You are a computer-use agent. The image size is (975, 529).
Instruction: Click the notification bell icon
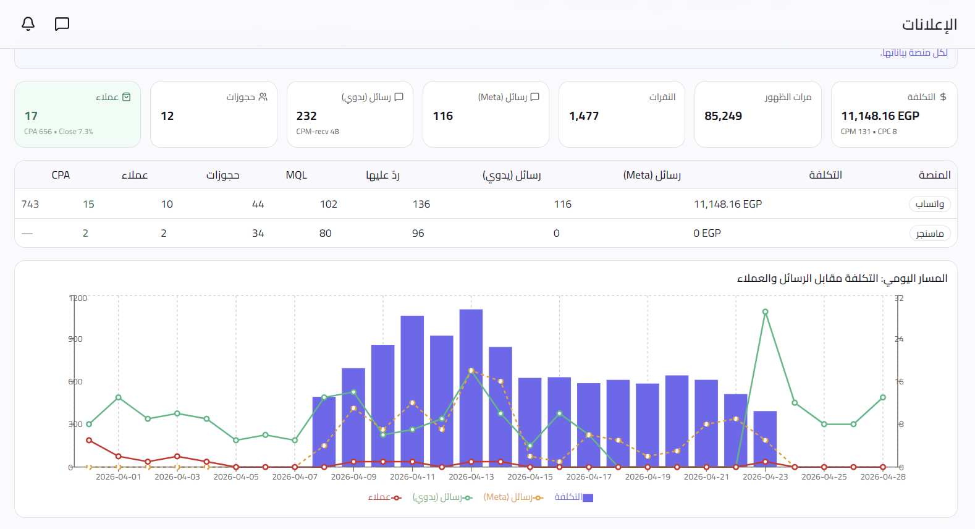(x=28, y=24)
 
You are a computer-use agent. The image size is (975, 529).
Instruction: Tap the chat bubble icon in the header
(x=62, y=24)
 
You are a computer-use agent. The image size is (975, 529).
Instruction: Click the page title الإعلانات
(x=929, y=24)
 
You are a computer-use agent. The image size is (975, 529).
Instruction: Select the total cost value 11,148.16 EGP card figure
(x=880, y=116)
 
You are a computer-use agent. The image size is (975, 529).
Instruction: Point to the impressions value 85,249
(x=723, y=116)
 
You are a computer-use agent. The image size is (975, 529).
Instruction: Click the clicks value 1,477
(x=584, y=116)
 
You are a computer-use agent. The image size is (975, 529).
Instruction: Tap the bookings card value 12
(x=167, y=116)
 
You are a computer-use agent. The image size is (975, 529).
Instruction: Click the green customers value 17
(x=31, y=116)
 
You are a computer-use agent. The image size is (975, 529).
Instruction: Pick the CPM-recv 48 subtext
(x=318, y=132)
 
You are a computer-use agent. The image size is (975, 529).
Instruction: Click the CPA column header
(x=61, y=175)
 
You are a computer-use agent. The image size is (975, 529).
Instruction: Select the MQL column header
(x=297, y=175)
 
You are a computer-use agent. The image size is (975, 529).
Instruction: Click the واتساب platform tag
(x=930, y=204)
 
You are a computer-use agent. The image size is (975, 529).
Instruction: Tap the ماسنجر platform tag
(x=930, y=234)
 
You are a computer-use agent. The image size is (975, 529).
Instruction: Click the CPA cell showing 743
(x=30, y=204)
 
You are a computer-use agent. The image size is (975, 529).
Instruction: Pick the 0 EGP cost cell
(x=707, y=234)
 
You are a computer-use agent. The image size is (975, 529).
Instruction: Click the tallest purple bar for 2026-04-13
(x=471, y=388)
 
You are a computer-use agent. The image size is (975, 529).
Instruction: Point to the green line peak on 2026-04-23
(x=765, y=311)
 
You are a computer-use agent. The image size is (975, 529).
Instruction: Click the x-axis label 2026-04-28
(x=883, y=476)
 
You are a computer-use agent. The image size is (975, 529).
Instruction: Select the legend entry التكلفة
(x=573, y=497)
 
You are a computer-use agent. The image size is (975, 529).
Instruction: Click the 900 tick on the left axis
(x=75, y=339)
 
